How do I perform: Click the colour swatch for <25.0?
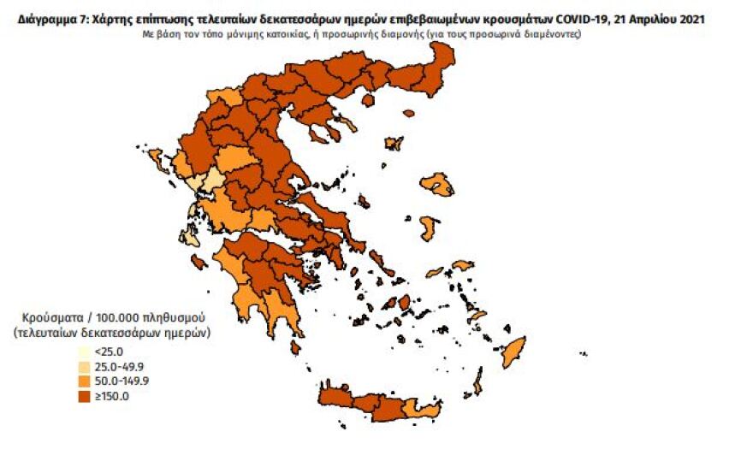84,352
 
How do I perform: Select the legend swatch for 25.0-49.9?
84,366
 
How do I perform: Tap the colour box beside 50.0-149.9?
84,381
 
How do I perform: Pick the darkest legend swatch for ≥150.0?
84,395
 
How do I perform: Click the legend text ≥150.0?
110,395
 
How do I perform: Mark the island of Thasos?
368,100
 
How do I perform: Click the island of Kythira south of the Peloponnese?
295,348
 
